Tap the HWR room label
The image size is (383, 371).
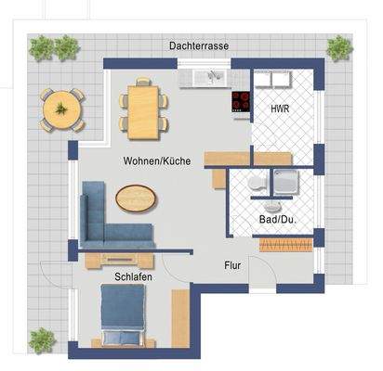(x=279, y=109)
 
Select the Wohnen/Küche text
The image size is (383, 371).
(x=156, y=160)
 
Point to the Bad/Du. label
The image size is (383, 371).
(x=276, y=220)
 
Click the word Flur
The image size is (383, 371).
(x=231, y=265)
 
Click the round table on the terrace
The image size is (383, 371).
(x=61, y=108)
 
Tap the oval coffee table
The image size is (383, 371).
(x=137, y=198)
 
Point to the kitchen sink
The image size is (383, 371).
(x=205, y=76)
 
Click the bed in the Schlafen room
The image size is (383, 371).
(x=124, y=314)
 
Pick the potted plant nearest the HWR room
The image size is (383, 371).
(x=339, y=47)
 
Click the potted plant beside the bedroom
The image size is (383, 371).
(x=41, y=339)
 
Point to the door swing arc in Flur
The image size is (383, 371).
(x=268, y=269)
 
